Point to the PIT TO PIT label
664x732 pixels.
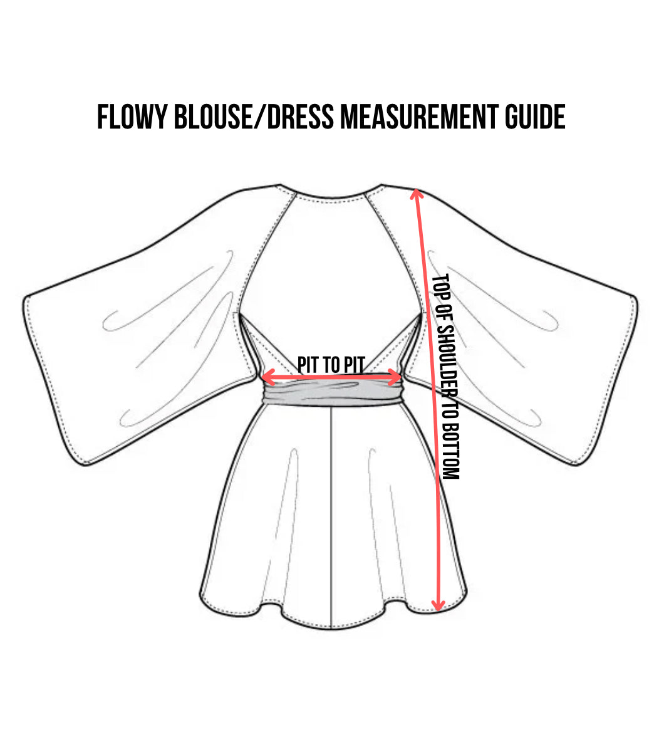(331, 365)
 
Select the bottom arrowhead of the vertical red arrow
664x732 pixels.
(438, 605)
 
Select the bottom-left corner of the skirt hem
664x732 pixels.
(200, 597)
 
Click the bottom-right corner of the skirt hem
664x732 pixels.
(465, 594)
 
